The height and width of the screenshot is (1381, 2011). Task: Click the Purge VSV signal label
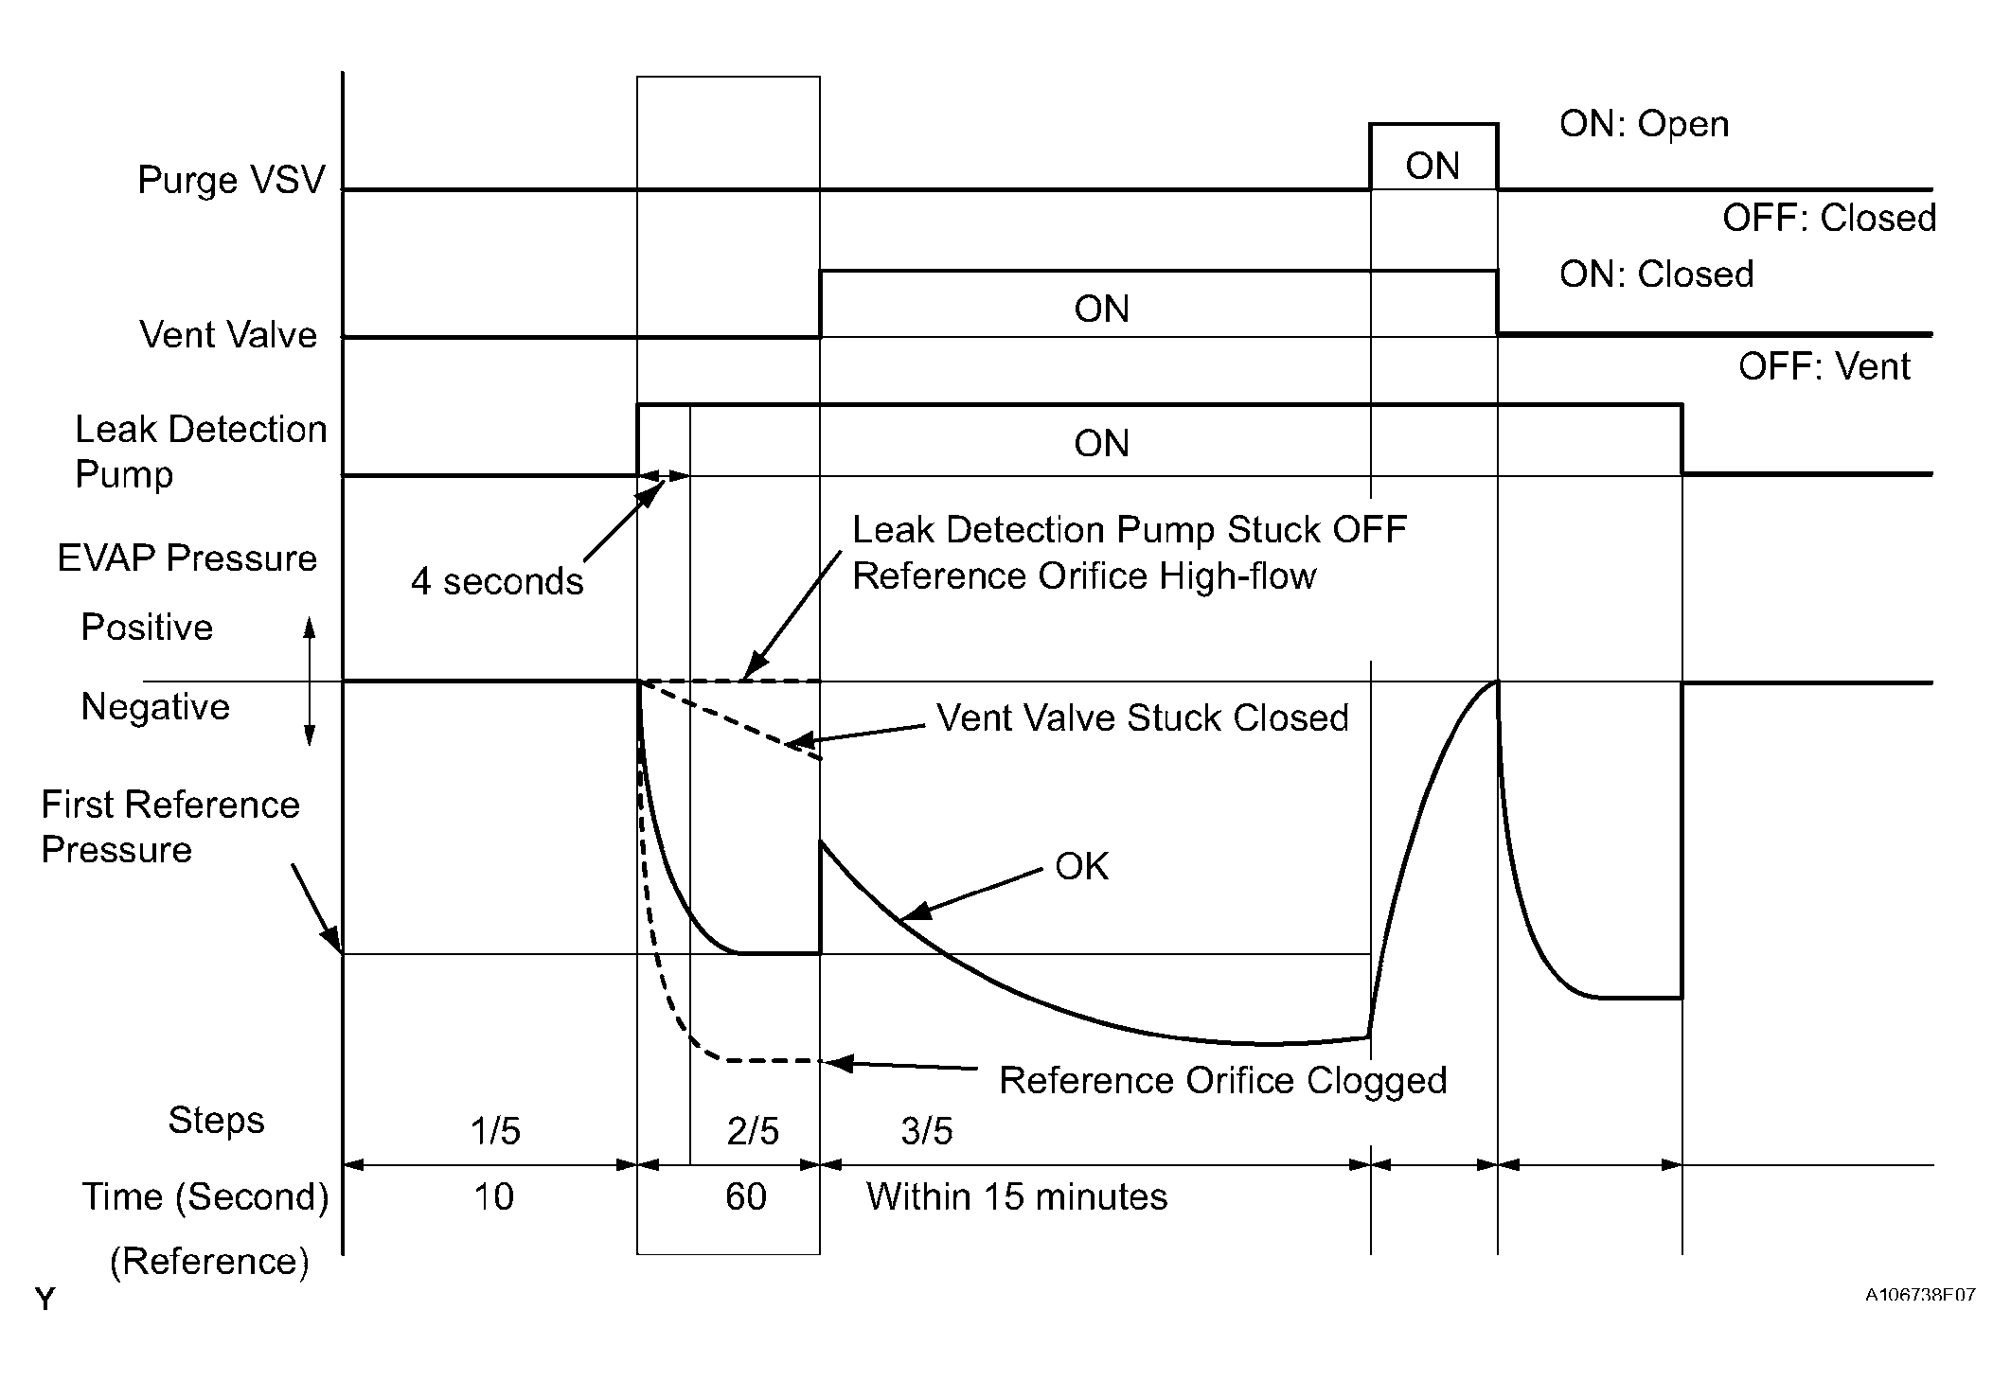[x=231, y=180]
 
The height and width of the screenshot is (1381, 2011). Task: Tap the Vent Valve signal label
[x=228, y=335]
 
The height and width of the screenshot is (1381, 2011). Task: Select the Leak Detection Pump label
[x=200, y=451]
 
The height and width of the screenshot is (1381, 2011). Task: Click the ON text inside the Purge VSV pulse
[x=1433, y=167]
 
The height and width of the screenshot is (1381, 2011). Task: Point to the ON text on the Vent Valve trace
[x=1101, y=310]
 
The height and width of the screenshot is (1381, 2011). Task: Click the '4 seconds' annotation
[x=497, y=581]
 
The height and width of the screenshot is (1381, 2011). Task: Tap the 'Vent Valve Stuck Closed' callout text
[x=1143, y=717]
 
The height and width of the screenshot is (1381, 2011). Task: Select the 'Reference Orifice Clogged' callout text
[x=1222, y=1080]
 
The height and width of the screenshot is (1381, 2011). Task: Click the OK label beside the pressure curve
[x=1081, y=866]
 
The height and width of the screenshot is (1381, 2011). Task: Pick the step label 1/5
[x=495, y=1131]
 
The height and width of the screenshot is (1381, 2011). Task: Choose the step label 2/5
[x=753, y=1131]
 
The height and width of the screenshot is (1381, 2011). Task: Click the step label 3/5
[x=926, y=1131]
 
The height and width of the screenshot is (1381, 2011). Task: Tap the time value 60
[x=745, y=1197]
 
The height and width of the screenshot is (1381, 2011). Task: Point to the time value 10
[x=493, y=1197]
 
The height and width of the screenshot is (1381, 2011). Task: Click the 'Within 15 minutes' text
[x=1017, y=1197]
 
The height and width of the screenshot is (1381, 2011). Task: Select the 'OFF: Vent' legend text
[x=1824, y=366]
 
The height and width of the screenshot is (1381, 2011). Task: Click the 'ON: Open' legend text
[x=1644, y=124]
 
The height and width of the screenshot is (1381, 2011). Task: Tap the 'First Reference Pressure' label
[x=169, y=827]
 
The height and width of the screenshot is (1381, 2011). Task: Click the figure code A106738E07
[x=1920, y=1295]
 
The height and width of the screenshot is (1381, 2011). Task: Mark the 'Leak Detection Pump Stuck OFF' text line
[x=1129, y=530]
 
